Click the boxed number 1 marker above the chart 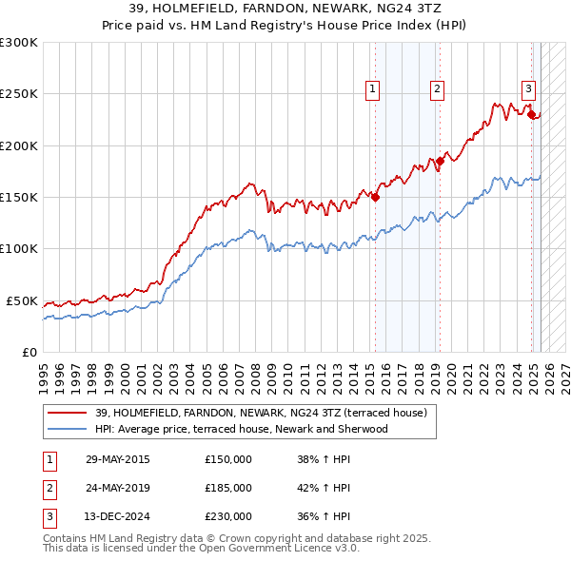pyautogui.click(x=371, y=89)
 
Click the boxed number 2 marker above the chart pyautogui.click(x=437, y=89)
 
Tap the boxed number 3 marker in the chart pyautogui.click(x=528, y=89)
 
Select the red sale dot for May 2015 pyautogui.click(x=375, y=198)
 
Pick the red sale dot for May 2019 pyautogui.click(x=440, y=162)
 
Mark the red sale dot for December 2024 pyautogui.click(x=531, y=115)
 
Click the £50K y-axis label pyautogui.click(x=22, y=300)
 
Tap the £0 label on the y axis pyautogui.click(x=29, y=352)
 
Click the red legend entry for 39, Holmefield pyautogui.click(x=261, y=413)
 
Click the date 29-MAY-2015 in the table pyautogui.click(x=118, y=459)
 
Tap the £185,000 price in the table pyautogui.click(x=228, y=488)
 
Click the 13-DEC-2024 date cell pyautogui.click(x=118, y=516)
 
